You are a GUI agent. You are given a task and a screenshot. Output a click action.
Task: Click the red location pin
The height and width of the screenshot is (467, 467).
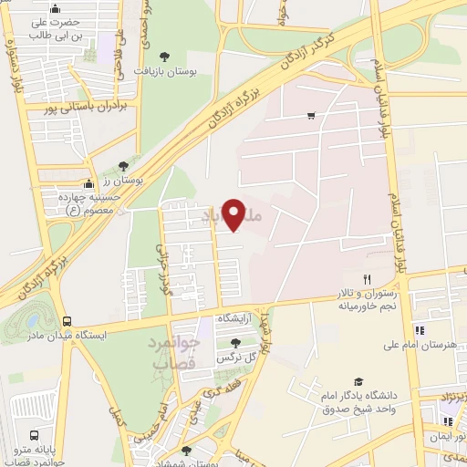[234, 214]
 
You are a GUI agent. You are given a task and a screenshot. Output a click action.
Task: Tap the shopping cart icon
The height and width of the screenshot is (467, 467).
[311, 115]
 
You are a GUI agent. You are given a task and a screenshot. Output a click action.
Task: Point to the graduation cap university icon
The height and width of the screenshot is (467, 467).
[358, 381]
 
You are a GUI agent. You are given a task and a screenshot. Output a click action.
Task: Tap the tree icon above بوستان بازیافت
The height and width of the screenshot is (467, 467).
[163, 55]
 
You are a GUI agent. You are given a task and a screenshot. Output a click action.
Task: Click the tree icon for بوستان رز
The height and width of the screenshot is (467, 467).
[123, 166]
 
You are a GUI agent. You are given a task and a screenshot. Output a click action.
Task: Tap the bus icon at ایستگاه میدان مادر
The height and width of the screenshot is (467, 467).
[67, 321]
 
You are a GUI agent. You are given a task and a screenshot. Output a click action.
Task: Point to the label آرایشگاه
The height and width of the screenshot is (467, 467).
[236, 317]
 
